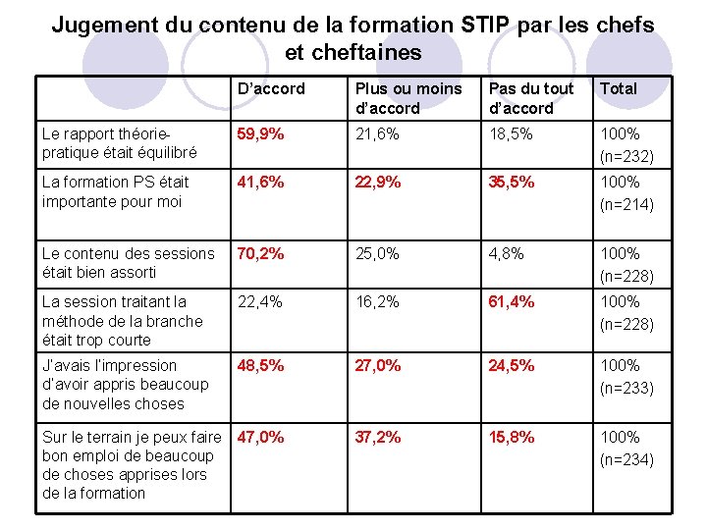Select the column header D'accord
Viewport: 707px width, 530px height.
pos(271,88)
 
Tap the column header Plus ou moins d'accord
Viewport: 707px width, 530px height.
pos(408,98)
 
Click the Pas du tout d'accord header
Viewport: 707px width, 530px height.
pos(531,98)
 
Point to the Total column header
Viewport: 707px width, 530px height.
pos(619,88)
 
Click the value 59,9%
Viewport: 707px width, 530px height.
pos(261,133)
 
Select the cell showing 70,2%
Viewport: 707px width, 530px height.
pos(261,253)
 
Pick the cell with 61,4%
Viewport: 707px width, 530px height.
pos(512,302)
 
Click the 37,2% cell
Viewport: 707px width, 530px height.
pos(378,438)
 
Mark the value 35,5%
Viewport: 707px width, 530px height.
pos(512,183)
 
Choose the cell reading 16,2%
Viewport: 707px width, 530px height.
pos(377,302)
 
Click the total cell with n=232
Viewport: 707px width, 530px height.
pos(626,144)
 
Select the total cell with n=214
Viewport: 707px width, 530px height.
pos(626,193)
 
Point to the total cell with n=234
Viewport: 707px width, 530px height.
pos(626,449)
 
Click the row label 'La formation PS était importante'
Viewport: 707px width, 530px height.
pos(115,192)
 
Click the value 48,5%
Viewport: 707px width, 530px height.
pos(261,366)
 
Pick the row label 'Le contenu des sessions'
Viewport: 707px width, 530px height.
pos(128,263)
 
